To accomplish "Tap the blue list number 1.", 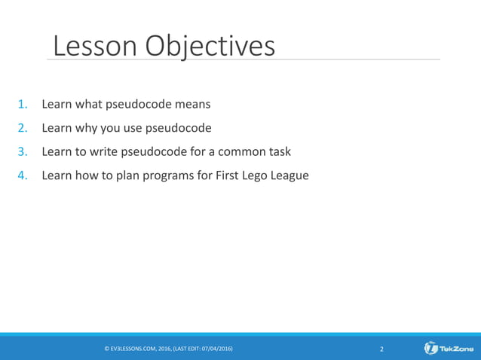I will coord(23,104).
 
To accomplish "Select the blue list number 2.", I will coord(23,127).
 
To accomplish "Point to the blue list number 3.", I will coord(23,151).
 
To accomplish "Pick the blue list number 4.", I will coord(23,175).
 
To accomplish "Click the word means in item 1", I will coord(190,104).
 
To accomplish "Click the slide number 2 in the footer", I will coord(381,349).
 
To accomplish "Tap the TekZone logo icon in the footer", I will coord(431,349).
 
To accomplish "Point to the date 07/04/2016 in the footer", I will coord(216,349).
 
